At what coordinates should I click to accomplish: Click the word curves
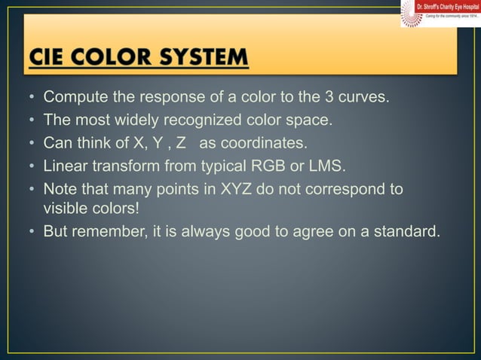pyautogui.click(x=365, y=99)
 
